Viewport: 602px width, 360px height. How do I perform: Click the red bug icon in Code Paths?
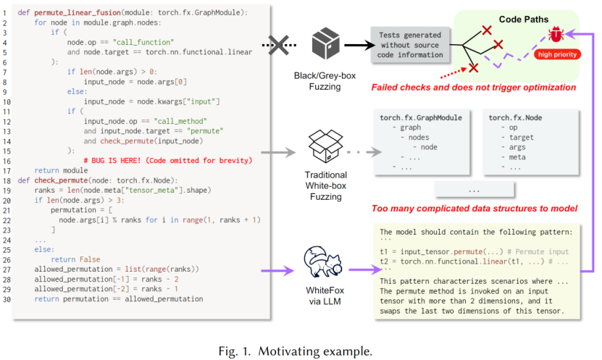[x=556, y=34]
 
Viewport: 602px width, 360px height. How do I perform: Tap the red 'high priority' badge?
[x=557, y=54]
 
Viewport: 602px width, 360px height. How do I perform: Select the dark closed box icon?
[x=325, y=43]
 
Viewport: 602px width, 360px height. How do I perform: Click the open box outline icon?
[x=325, y=146]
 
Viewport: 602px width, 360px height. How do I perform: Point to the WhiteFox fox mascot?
[x=323, y=261]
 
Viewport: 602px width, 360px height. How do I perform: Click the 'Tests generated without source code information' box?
[x=410, y=45]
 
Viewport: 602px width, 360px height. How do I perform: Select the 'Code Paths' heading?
[x=524, y=19]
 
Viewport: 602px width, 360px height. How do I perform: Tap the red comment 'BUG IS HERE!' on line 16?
[x=112, y=160]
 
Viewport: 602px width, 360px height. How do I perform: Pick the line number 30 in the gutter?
[x=7, y=299]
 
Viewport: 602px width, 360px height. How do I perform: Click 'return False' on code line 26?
[x=75, y=259]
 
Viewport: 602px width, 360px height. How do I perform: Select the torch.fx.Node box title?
[x=515, y=118]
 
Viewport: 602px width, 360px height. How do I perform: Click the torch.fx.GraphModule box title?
[x=421, y=118]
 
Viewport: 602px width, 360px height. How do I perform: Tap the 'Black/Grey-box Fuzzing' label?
[x=325, y=81]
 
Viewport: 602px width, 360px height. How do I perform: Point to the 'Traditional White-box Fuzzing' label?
[x=326, y=185]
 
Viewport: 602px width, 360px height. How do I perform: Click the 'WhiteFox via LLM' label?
[x=325, y=296]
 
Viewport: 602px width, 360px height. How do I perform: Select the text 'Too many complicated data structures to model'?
[x=475, y=209]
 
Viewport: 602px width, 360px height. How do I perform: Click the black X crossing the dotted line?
[x=279, y=46]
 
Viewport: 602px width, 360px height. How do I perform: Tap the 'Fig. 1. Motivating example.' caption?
[x=296, y=351]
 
